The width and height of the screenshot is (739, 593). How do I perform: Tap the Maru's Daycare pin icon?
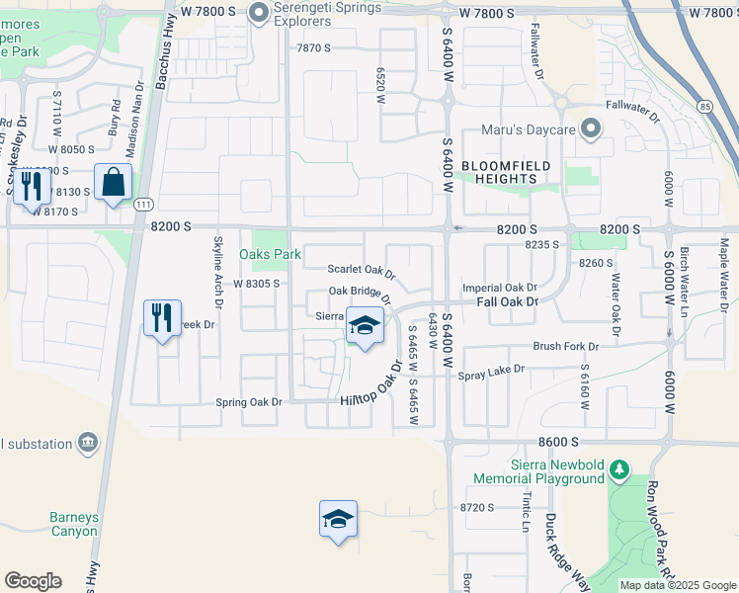[591, 128]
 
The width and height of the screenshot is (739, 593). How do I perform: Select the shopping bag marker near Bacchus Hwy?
[114, 183]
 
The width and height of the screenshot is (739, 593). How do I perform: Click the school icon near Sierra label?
[365, 326]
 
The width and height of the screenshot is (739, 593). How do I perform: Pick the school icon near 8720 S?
[338, 520]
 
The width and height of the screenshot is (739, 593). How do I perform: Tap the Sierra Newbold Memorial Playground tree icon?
[619, 468]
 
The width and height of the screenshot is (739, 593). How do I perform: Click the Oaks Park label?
[270, 254]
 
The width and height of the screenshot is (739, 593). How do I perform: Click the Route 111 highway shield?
[144, 205]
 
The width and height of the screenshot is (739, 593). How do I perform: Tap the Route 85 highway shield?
[704, 104]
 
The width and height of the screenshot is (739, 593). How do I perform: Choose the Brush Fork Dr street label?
[566, 347]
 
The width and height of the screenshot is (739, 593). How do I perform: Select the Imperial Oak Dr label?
[499, 288]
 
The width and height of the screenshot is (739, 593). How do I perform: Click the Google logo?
[33, 581]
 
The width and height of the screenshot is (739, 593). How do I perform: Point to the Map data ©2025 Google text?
[676, 585]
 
